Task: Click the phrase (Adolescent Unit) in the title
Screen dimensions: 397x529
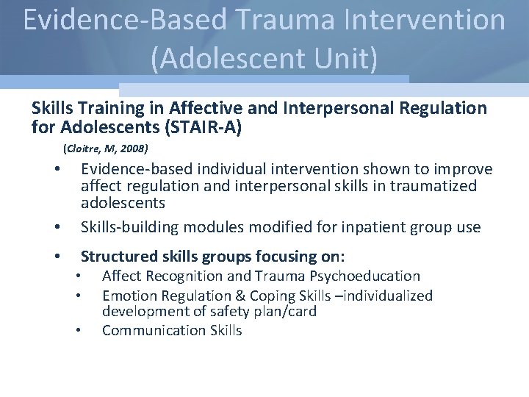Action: (264, 58)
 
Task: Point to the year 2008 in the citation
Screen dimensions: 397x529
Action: (134, 148)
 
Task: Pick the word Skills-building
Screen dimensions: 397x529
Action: (129, 227)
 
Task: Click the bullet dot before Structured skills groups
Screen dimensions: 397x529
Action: (57, 257)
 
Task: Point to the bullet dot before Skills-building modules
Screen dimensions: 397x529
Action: (57, 227)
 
